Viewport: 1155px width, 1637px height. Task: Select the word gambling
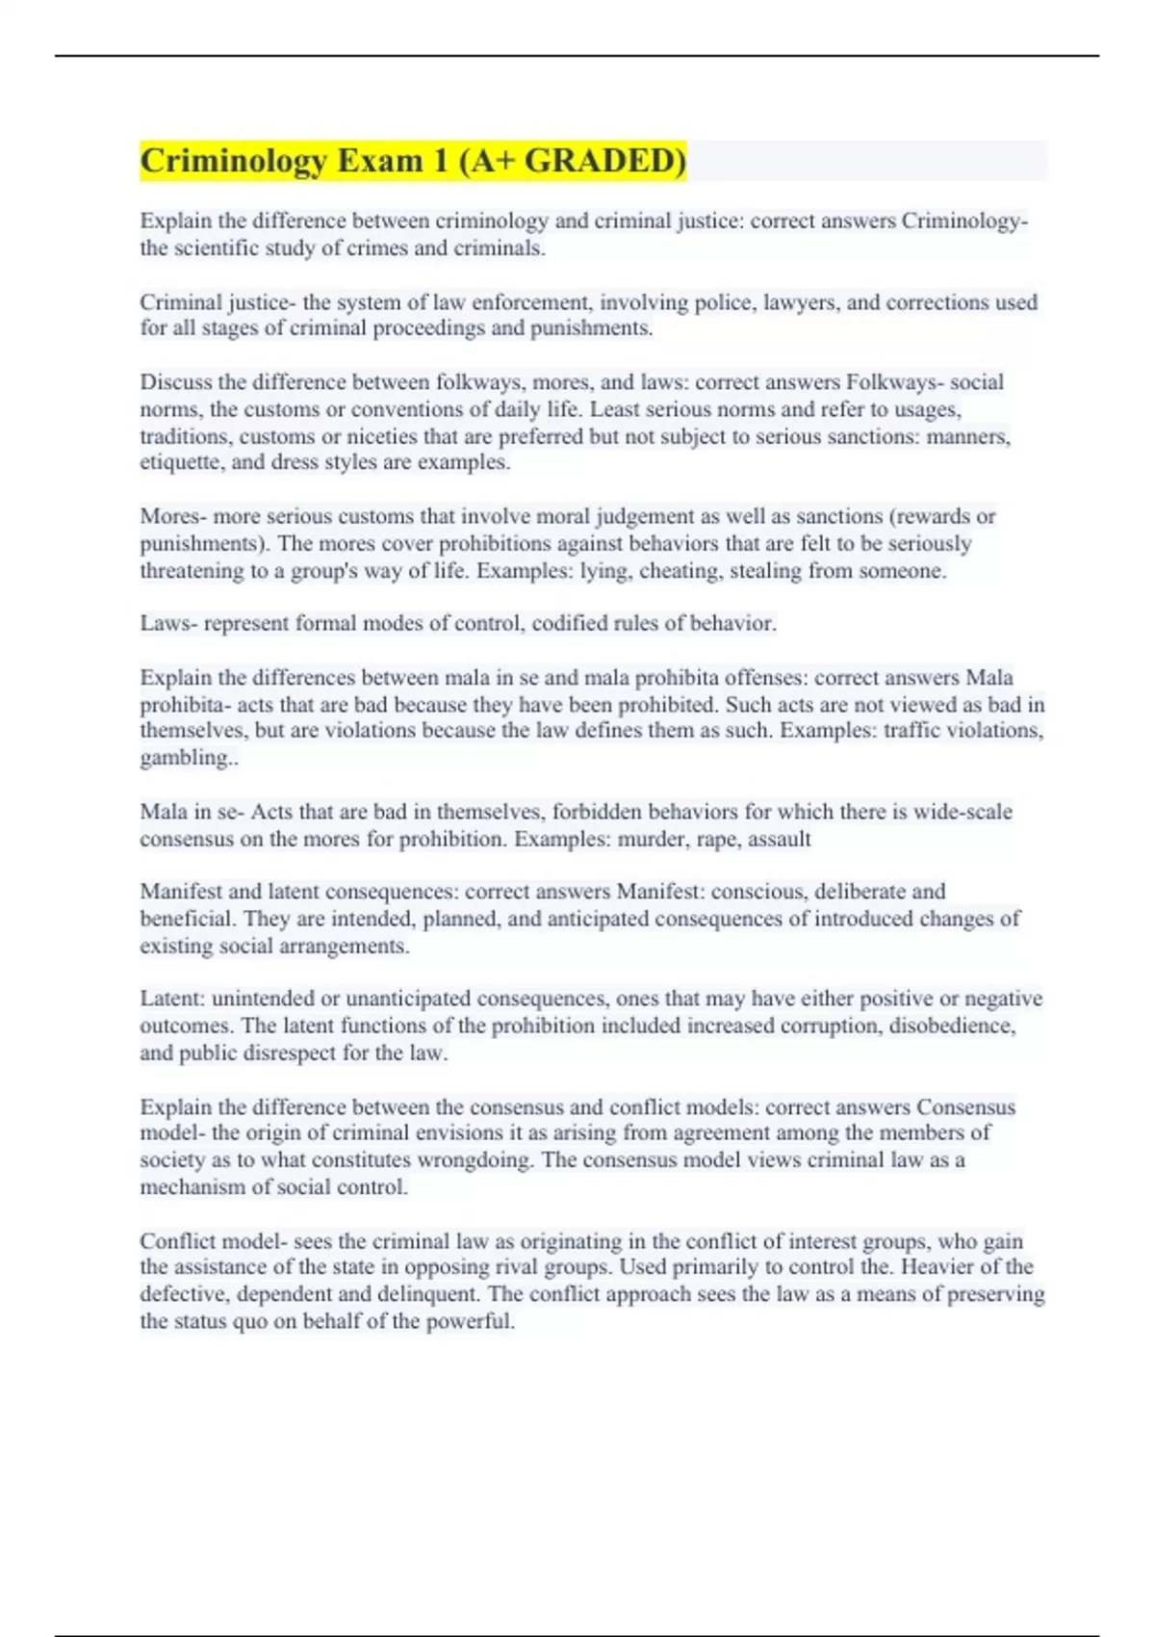[x=186, y=758]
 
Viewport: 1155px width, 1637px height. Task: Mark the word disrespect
[x=289, y=1052]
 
